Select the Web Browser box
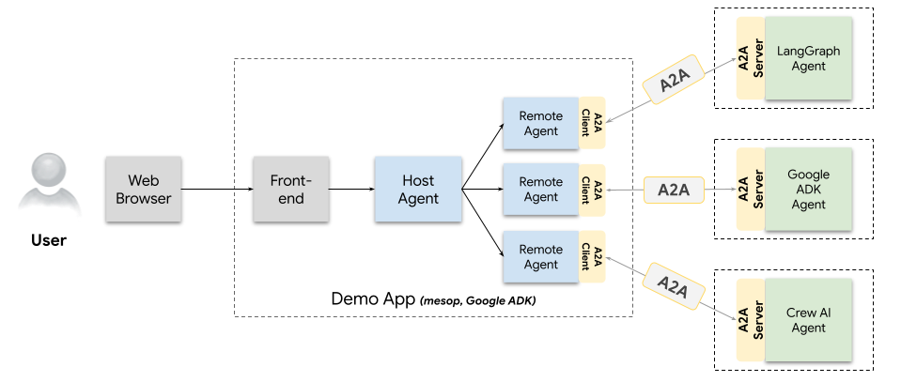[143, 189]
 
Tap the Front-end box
[290, 189]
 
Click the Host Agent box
[418, 189]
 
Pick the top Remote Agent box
[540, 123]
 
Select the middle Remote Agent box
[540, 189]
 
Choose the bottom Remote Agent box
[540, 256]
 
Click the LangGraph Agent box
[808, 58]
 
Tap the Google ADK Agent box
[808, 190]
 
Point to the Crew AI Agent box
[808, 320]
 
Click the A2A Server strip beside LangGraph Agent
[750, 58]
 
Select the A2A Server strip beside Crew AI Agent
[750, 320]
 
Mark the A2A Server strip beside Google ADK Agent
[750, 190]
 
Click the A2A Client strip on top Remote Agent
[592, 123]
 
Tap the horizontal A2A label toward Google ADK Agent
[673, 190]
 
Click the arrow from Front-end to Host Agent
[351, 190]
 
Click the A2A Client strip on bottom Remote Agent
[592, 256]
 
